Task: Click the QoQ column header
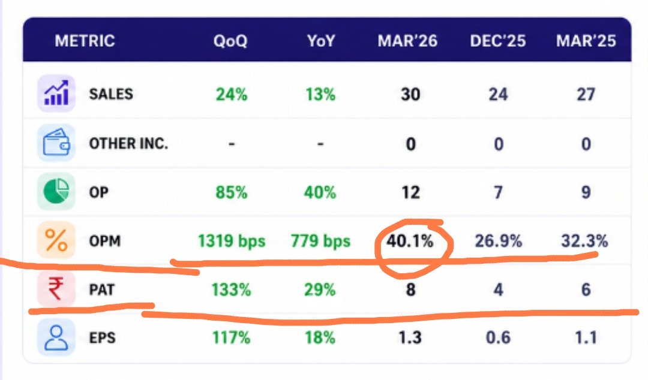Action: point(230,41)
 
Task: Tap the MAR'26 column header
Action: point(407,41)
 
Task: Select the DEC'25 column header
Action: point(498,41)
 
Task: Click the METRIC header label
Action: point(85,41)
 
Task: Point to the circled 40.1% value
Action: point(410,241)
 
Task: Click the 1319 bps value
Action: point(232,241)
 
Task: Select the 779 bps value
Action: point(320,241)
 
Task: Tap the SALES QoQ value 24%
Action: point(232,95)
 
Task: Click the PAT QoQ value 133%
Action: point(232,290)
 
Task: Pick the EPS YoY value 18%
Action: point(320,338)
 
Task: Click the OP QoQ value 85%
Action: point(232,192)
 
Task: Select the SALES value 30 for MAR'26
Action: point(410,95)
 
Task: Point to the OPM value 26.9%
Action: point(499,241)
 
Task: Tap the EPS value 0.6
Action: point(499,338)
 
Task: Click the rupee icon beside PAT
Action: point(56,289)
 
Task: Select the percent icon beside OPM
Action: point(56,240)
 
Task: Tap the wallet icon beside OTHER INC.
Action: point(56,143)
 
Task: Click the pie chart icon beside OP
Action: point(56,191)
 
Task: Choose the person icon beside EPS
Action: point(56,337)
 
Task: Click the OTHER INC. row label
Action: point(128,143)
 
